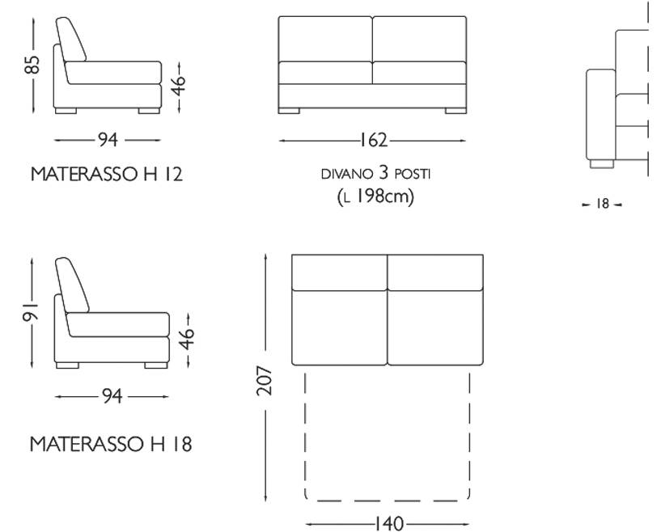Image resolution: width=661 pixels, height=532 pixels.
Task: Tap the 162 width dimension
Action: click(373, 141)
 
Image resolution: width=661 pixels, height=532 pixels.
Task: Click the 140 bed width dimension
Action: click(389, 524)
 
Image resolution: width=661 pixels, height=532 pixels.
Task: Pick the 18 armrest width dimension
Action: click(602, 205)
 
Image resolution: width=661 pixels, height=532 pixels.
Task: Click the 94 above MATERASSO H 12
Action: click(108, 140)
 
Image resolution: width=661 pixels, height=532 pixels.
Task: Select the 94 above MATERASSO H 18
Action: click(112, 396)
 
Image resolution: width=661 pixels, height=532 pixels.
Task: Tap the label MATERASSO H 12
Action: click(106, 174)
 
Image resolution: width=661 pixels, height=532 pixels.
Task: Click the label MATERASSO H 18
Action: click(111, 444)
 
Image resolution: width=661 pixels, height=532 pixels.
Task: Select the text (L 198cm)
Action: click(375, 196)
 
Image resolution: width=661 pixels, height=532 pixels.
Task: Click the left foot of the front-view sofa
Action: click(290, 111)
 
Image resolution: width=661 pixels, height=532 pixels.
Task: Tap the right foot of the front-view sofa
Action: click(455, 111)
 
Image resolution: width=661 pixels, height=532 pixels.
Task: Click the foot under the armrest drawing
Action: click(600, 163)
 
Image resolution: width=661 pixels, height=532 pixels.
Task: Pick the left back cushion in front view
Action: click(325, 38)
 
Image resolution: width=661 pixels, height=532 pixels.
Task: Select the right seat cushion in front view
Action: click(419, 73)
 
